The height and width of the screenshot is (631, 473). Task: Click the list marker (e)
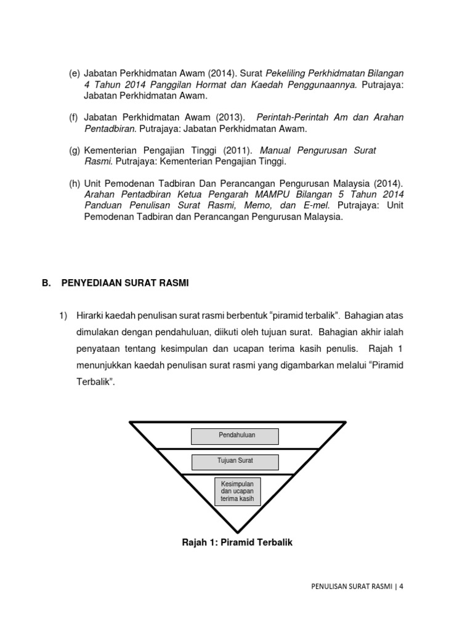74,73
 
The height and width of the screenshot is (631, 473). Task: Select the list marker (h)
74,184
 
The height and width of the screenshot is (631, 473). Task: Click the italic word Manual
277,151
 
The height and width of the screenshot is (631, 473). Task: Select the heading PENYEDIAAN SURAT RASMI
125,283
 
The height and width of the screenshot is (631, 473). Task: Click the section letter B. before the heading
46,283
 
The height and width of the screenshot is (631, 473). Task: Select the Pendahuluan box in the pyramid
235,436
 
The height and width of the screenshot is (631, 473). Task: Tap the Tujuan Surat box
235,461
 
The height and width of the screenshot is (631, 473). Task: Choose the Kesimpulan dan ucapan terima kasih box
237,491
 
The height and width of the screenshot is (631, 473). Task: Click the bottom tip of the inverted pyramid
237,531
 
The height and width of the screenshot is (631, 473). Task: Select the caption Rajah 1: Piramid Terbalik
237,543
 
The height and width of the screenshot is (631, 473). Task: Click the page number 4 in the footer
402,587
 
